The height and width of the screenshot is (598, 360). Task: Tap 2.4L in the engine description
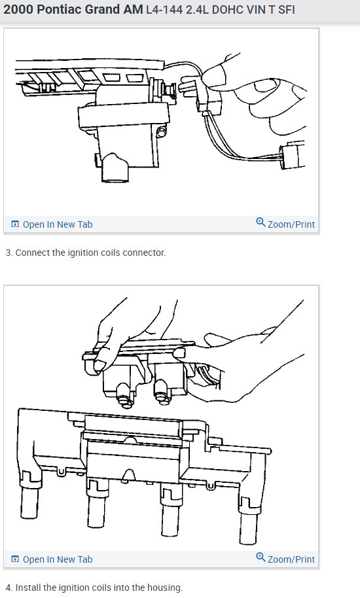[197, 10]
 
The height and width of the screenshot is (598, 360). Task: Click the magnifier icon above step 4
[261, 557]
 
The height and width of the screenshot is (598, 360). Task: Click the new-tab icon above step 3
[15, 224]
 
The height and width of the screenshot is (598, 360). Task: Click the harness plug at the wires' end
[293, 154]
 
